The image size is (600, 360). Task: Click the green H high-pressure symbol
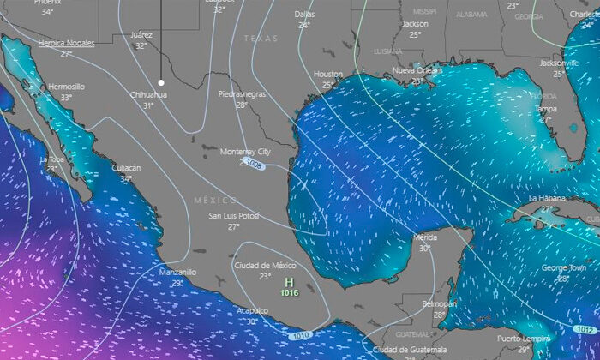tap(289, 282)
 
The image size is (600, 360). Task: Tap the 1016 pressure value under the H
tap(289, 292)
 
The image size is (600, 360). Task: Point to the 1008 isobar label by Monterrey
tap(252, 162)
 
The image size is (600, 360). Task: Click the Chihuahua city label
tap(148, 94)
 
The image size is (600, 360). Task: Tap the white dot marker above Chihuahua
tap(160, 82)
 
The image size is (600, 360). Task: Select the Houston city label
tap(327, 75)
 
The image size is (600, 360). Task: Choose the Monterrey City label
tap(245, 152)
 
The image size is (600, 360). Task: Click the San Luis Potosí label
tap(234, 216)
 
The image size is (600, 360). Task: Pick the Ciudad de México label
tap(265, 266)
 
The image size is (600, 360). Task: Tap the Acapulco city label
tap(252, 311)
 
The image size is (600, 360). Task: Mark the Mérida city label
tap(425, 237)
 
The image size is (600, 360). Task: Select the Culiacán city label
tap(126, 168)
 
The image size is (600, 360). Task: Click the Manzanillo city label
tap(177, 272)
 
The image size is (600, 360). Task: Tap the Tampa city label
tap(546, 109)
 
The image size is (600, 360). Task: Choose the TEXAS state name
tap(261, 39)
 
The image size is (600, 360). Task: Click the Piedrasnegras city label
tap(242, 93)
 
